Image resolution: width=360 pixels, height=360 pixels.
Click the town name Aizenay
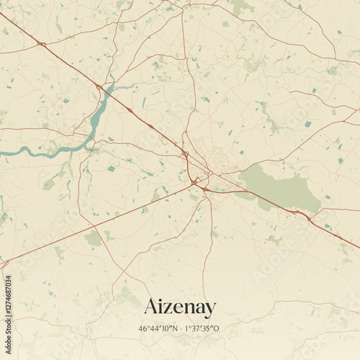point(179,307)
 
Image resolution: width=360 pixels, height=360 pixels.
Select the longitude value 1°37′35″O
point(202,329)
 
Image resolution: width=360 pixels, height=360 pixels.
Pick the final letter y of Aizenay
point(210,310)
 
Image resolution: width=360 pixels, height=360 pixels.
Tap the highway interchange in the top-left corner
point(41,44)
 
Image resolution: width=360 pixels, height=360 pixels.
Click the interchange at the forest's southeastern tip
point(295,212)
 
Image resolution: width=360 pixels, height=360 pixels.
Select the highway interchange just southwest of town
point(195,181)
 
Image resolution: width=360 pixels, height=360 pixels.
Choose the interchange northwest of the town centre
point(185,153)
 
